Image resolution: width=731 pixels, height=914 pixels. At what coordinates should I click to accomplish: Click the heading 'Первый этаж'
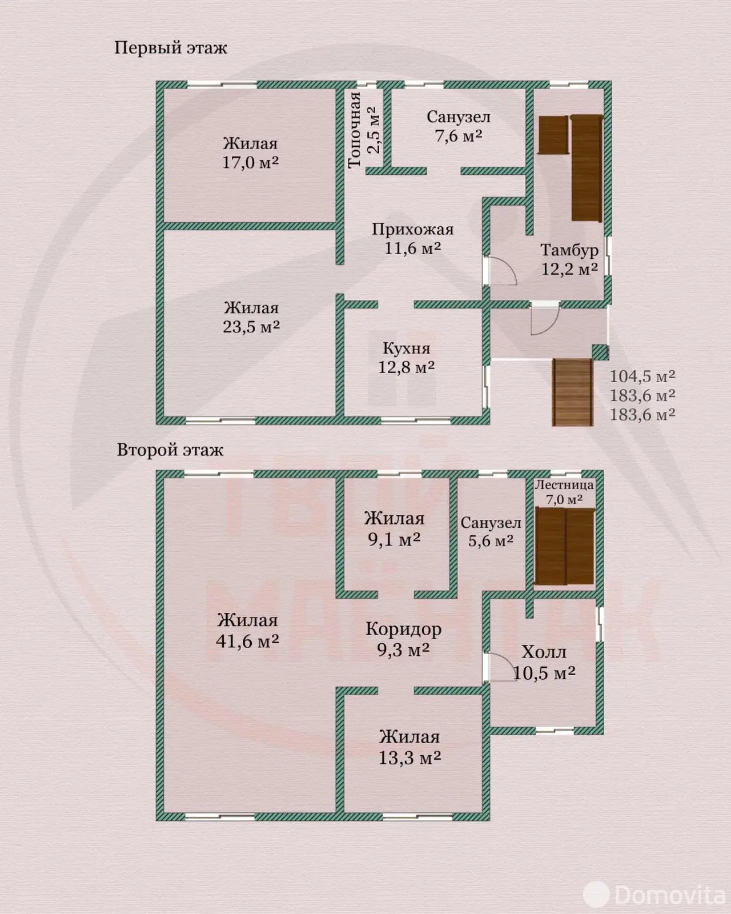(x=171, y=48)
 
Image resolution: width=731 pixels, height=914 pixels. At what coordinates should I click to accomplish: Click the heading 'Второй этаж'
(x=170, y=450)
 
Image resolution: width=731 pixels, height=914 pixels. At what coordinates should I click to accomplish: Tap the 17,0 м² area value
(x=251, y=162)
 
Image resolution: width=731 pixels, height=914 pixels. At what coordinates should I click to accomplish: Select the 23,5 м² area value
(x=251, y=327)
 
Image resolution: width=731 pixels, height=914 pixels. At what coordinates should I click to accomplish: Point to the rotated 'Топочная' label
(x=355, y=130)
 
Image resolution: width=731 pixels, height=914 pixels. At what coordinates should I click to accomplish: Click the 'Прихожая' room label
(x=413, y=229)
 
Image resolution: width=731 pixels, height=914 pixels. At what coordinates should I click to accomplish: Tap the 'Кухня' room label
(x=407, y=348)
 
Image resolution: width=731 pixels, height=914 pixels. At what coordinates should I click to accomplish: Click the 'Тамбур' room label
(x=569, y=250)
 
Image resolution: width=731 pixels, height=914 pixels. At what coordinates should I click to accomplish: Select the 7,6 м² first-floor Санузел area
(x=459, y=135)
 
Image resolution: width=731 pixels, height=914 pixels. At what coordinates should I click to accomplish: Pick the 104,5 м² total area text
(x=642, y=376)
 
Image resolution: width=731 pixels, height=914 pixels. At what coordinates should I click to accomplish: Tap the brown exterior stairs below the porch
(x=572, y=392)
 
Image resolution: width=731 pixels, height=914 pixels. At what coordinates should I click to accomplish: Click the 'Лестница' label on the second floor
(x=564, y=485)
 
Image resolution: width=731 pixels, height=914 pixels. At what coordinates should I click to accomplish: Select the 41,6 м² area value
(x=247, y=641)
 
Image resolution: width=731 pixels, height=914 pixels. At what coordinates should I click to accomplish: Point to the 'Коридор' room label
(x=404, y=630)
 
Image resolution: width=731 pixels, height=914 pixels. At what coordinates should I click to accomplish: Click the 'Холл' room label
(x=544, y=652)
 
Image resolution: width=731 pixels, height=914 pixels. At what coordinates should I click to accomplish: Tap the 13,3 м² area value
(x=409, y=757)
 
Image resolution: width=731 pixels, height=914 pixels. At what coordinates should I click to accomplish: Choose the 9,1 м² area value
(x=394, y=539)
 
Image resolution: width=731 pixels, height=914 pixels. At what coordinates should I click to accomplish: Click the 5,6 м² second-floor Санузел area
(x=491, y=540)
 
